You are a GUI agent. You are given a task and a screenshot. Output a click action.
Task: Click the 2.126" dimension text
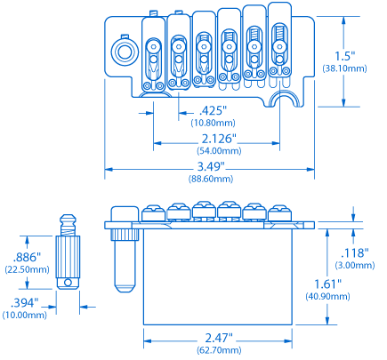218,139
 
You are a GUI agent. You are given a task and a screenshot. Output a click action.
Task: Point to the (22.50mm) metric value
24,268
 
